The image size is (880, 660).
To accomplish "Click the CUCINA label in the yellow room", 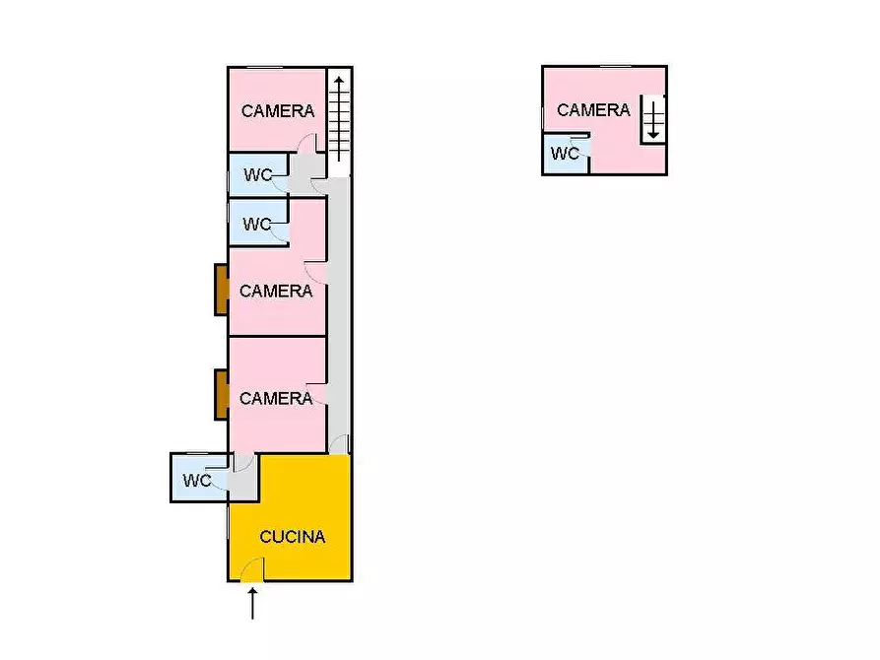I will (292, 537).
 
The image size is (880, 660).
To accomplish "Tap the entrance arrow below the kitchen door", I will (253, 603).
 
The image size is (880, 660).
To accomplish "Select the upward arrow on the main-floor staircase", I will (339, 116).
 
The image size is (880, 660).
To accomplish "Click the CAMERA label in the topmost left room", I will (278, 111).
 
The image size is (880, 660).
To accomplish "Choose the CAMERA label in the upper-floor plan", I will (593, 110).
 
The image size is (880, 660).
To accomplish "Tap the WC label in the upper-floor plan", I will (565, 154).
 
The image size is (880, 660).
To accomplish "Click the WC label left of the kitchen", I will (197, 481).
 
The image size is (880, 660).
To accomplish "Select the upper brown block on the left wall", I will (222, 290).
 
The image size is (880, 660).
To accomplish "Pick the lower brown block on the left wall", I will (222, 394).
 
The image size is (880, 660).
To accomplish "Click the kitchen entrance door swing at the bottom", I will (252, 569).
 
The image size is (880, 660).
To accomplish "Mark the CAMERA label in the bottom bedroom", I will (276, 399).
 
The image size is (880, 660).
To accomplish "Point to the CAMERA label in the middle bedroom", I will (276, 292).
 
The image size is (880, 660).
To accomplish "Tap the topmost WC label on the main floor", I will (258, 175).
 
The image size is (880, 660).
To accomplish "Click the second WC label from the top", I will (257, 225).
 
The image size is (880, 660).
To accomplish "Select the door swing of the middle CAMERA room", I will (315, 269).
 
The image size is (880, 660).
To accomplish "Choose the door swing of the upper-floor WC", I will (582, 150).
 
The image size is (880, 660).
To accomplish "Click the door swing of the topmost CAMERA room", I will (306, 145).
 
